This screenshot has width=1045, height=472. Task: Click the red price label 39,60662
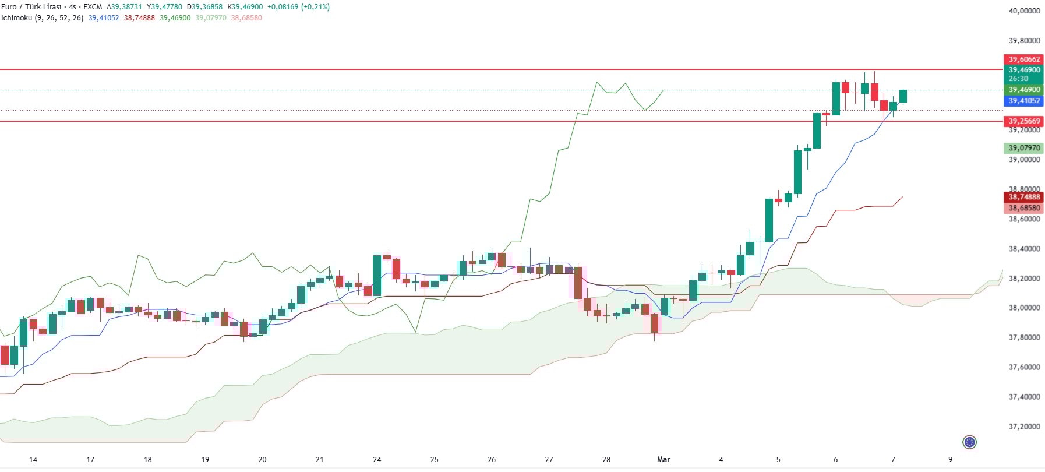pyautogui.click(x=1024, y=59)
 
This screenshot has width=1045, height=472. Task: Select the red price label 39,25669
pyautogui.click(x=1024, y=121)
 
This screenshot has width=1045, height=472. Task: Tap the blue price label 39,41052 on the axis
pyautogui.click(x=1024, y=101)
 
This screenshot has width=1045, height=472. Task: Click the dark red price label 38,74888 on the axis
pyautogui.click(x=1024, y=197)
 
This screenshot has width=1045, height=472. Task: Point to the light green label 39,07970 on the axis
pyautogui.click(x=1024, y=148)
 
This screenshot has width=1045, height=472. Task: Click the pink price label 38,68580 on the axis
pyautogui.click(x=1024, y=208)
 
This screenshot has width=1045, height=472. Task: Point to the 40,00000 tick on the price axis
pyautogui.click(x=1024, y=11)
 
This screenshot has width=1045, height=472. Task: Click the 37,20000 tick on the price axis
pyautogui.click(x=1024, y=427)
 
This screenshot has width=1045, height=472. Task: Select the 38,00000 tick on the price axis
pyautogui.click(x=1024, y=308)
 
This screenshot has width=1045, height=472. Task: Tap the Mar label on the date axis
pyautogui.click(x=663, y=460)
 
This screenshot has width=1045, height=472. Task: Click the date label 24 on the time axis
pyautogui.click(x=377, y=460)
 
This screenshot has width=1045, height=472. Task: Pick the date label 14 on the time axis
pyautogui.click(x=33, y=460)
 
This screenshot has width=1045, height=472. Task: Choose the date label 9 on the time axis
pyautogui.click(x=950, y=460)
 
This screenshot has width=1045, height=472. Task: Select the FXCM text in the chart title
pyautogui.click(x=93, y=7)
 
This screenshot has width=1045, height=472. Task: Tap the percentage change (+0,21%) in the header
pyautogui.click(x=315, y=7)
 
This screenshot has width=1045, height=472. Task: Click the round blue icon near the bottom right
pyautogui.click(x=969, y=442)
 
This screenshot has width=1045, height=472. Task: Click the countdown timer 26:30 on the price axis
pyautogui.click(x=1018, y=79)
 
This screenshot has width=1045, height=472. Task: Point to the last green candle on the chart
pyautogui.click(x=903, y=96)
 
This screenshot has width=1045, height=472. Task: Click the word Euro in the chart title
pyautogui.click(x=9, y=7)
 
